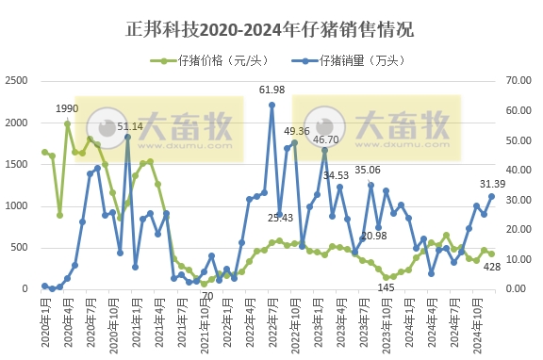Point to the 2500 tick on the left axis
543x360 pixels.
pyautogui.click(x=17, y=82)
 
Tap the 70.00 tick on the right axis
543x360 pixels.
pyautogui.click(x=521, y=82)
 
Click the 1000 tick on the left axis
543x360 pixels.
pyautogui.click(x=17, y=206)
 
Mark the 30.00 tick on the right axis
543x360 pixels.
pyautogui.click(x=521, y=200)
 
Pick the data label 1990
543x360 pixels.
pyautogui.click(x=67, y=109)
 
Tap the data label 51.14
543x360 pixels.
pyautogui.click(x=131, y=126)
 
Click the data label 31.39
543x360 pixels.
pyautogui.click(x=494, y=184)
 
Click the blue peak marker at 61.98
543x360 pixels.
pyautogui.click(x=271, y=105)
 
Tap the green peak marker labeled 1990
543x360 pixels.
pyautogui.click(x=67, y=123)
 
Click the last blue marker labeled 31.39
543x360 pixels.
pyautogui.click(x=491, y=196)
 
